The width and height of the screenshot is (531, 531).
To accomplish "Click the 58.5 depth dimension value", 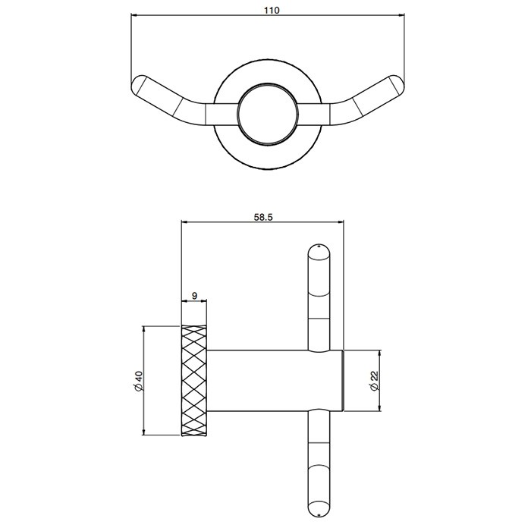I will [x=262, y=217].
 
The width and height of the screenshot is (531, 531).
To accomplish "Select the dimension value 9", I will [x=195, y=296].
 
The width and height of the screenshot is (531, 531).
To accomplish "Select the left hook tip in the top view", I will [x=140, y=83].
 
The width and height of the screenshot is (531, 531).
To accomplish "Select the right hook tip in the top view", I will [x=395, y=83].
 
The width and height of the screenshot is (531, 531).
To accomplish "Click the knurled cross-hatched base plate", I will [x=194, y=381].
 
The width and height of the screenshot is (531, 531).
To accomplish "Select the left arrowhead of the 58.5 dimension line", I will [x=184, y=223].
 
